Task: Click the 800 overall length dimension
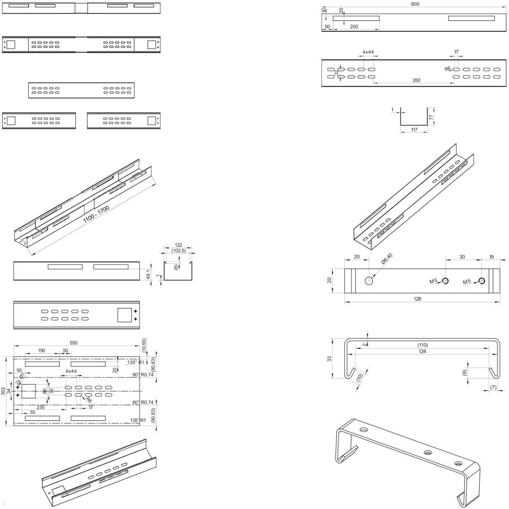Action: (x=415, y=4)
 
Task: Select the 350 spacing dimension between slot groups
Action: (x=416, y=80)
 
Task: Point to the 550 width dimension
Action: (x=73, y=343)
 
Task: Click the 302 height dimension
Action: (x=3, y=391)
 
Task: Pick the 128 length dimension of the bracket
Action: (x=417, y=299)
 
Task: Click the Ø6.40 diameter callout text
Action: (x=387, y=259)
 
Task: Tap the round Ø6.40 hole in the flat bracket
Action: (x=369, y=280)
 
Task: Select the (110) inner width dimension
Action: (x=422, y=345)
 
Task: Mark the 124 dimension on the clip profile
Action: (x=422, y=351)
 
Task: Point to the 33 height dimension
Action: (x=329, y=358)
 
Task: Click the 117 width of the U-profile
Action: (x=414, y=129)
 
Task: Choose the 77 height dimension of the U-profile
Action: (x=431, y=117)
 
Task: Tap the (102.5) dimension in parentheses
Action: (x=178, y=251)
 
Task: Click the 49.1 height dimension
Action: (x=148, y=274)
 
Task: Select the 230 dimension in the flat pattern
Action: (x=41, y=407)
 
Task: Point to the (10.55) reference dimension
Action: (x=144, y=344)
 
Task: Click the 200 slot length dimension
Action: (x=354, y=26)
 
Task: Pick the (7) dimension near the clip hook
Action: (x=493, y=387)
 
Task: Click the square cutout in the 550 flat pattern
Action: (x=29, y=391)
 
